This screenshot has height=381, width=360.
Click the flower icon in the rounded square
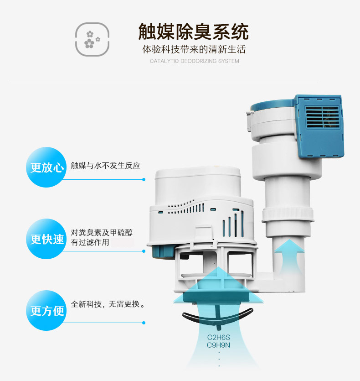[x=92, y=39]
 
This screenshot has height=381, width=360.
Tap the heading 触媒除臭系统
[x=194, y=31]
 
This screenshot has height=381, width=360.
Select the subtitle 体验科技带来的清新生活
[x=194, y=49]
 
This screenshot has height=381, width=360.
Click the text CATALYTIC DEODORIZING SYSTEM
[x=194, y=61]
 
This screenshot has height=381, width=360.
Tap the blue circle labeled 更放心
[x=46, y=167]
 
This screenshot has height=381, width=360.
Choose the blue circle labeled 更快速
[x=46, y=239]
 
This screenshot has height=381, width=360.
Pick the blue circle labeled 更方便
[x=46, y=311]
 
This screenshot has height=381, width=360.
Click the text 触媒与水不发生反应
[x=106, y=166]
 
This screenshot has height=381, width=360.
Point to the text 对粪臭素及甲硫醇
[x=102, y=233]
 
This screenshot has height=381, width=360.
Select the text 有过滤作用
[x=90, y=242]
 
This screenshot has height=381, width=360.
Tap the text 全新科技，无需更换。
[x=108, y=304]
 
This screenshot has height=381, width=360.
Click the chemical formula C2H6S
[x=218, y=337]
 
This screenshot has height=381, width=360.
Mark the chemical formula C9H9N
[x=218, y=345]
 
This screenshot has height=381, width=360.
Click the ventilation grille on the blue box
[x=323, y=117]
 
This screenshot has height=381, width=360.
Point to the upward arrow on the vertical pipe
[x=289, y=257]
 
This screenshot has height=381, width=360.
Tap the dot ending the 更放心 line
[x=144, y=180]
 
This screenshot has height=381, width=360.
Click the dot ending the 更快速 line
[x=144, y=251]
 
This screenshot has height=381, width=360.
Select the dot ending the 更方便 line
[x=144, y=323]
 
